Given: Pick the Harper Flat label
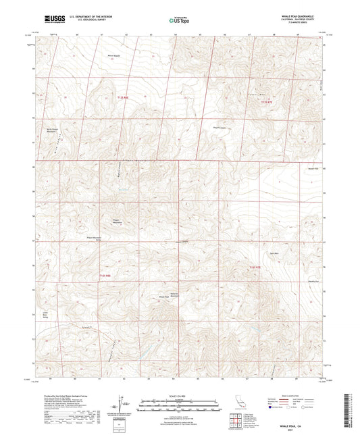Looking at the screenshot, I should pos(313,167).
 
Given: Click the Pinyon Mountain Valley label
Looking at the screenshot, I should pos(109,239).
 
